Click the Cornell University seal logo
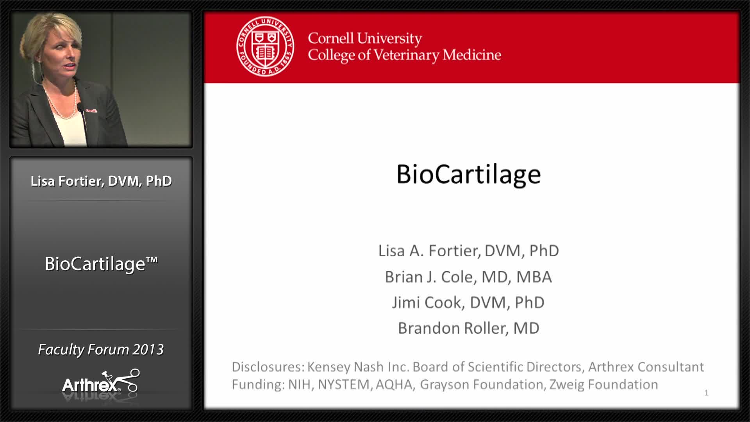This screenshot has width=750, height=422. (x=265, y=46)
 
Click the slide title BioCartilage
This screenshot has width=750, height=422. (x=468, y=174)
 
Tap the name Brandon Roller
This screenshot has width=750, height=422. (x=452, y=329)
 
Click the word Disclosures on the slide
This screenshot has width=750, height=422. (x=268, y=367)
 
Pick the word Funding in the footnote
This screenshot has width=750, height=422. (x=257, y=384)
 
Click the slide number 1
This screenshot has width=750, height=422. (x=706, y=393)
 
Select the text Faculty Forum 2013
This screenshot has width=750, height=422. (x=101, y=349)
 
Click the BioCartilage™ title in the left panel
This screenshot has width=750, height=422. (x=101, y=264)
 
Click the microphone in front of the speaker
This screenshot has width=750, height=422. (x=80, y=107)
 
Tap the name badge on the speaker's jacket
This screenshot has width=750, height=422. (x=91, y=111)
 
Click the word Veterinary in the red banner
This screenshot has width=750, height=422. (x=406, y=55)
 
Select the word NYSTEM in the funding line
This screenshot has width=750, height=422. (x=343, y=384)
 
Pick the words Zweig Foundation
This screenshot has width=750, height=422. (x=604, y=384)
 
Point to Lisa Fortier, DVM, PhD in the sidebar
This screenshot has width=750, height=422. (x=101, y=181)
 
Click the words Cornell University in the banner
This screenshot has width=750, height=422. (x=365, y=38)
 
